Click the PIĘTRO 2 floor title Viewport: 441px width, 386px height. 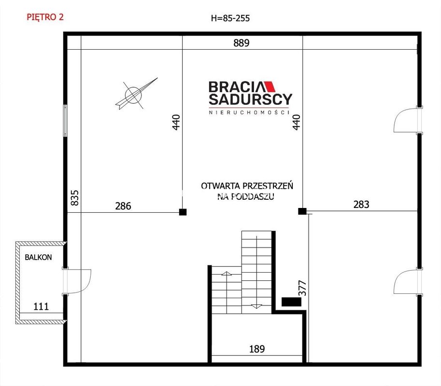45,17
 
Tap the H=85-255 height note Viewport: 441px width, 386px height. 230,18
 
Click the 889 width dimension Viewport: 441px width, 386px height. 242,43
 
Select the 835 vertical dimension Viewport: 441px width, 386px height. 74,198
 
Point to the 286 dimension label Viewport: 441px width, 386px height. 123,206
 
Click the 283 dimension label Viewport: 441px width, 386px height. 361,204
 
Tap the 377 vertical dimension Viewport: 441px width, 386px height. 302,288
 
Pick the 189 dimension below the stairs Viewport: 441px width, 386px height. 257,349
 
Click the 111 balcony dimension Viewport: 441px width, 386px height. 41,306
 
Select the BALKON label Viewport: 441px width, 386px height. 38,257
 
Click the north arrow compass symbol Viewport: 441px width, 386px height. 136,94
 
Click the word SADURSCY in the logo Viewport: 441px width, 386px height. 251,99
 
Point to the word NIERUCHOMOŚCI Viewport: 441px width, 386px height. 249,112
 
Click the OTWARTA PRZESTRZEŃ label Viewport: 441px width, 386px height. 247,186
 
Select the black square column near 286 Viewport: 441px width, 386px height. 183,212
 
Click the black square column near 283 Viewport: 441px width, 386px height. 302,211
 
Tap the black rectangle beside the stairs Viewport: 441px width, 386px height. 291,302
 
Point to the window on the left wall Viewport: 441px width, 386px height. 65,121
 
